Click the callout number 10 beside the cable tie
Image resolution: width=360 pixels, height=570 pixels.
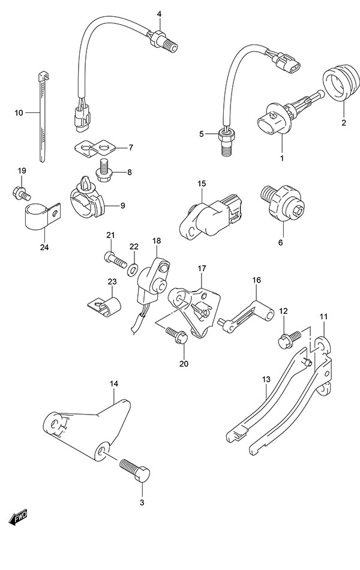(19, 112)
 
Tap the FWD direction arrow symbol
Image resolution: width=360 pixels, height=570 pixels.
(19, 515)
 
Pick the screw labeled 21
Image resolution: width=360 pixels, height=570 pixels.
(116, 259)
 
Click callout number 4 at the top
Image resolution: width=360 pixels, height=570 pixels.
(159, 13)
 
